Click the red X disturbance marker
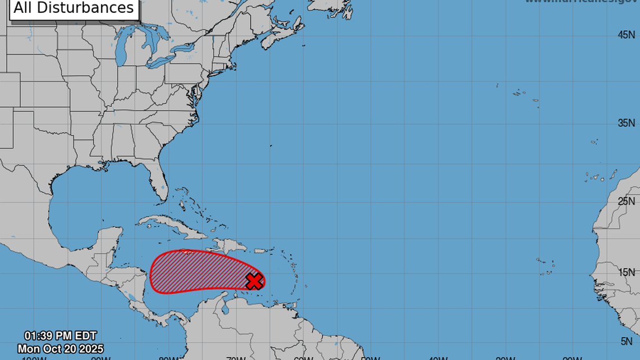[254, 281]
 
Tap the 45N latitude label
[626, 35]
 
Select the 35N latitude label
[626, 123]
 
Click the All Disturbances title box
[74, 8]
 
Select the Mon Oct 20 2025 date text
[60, 349]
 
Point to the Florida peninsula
[158, 180]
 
